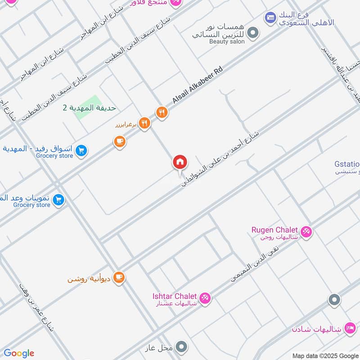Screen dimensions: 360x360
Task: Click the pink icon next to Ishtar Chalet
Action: pos(205,298)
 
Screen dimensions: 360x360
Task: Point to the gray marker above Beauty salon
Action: pos(253,32)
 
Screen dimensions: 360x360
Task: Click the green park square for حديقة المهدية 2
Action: pos(88,107)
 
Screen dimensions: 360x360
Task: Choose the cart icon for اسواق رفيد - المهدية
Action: pos(81,151)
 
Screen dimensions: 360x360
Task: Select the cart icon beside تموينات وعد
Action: pos(58,199)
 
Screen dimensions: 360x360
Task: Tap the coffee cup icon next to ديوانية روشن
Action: pos(119,277)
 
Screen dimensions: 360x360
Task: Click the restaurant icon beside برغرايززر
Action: pos(144,123)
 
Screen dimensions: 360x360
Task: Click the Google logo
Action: pos(18,353)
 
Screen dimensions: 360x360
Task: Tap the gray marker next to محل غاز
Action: pos(181,346)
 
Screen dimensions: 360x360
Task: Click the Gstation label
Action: pos(347,164)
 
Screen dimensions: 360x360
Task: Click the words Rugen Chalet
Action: pos(274,230)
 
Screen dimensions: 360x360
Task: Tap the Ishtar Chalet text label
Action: pos(174,296)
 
